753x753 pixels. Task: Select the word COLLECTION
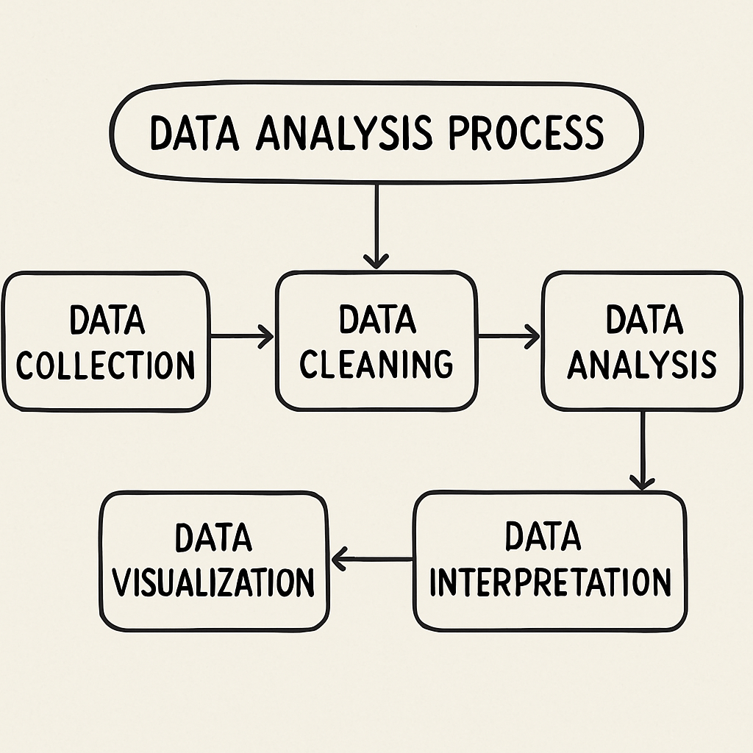point(106,364)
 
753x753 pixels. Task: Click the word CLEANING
point(376,363)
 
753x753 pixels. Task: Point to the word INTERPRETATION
point(550,582)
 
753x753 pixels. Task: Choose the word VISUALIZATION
point(215,582)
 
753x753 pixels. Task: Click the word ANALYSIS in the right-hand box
point(642,363)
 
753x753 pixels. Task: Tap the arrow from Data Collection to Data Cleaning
point(242,338)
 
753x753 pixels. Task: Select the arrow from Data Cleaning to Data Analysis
point(508,338)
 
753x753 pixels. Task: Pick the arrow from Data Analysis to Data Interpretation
point(642,449)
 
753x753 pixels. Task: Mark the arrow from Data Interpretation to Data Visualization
point(372,560)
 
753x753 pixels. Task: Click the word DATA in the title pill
point(193,133)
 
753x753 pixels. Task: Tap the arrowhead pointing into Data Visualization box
point(340,560)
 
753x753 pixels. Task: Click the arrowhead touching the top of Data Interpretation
point(642,482)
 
